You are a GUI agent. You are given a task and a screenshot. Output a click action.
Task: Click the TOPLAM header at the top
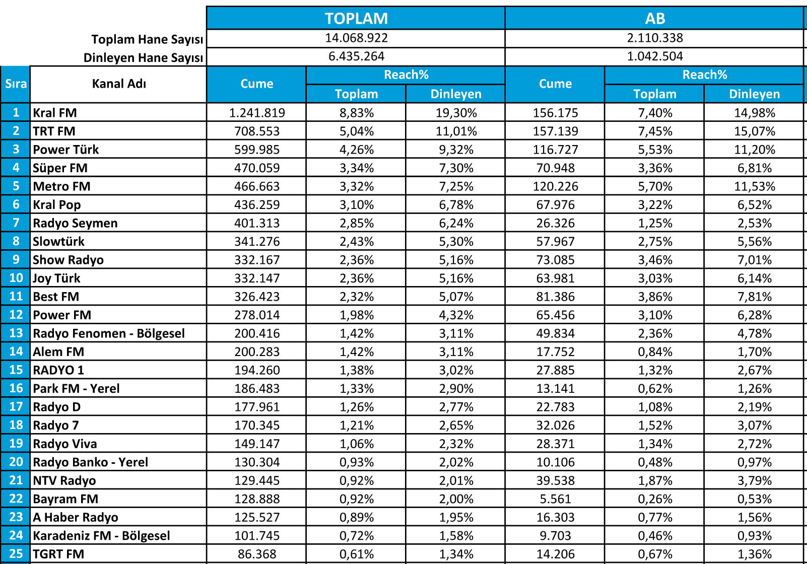pos(356,19)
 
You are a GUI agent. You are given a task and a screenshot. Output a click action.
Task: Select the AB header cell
pos(655,19)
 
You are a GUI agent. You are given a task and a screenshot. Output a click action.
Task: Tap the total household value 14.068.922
pos(356,38)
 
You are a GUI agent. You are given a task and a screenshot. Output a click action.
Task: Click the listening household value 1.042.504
pos(655,56)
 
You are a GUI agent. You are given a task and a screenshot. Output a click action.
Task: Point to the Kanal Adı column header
pos(119,84)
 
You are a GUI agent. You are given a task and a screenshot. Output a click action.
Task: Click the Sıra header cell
pos(16,84)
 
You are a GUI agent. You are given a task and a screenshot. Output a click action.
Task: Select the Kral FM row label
pos(55,113)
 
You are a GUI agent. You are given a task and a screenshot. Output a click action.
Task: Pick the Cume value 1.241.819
pos(257,113)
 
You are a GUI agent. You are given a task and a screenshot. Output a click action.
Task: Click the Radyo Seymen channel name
pos(75,223)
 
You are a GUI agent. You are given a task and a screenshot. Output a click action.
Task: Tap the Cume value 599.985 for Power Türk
pos(257,150)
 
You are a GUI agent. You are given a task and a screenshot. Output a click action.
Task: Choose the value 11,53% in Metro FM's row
pos(754,186)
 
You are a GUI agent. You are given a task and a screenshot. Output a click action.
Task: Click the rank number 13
pos(16,333)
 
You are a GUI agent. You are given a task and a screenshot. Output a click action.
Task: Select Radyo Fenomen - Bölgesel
pos(109,333)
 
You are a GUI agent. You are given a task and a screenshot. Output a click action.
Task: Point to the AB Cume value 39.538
pos(555,480)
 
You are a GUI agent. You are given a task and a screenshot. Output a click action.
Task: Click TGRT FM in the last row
pos(58,554)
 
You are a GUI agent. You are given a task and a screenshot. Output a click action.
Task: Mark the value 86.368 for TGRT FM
pos(257,554)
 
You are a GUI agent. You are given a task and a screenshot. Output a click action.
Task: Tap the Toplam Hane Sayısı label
pos(147,39)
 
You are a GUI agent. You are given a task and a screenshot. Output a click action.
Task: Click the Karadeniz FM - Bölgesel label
pos(101,536)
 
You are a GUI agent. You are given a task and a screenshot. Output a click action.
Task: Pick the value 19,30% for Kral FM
pos(456,113)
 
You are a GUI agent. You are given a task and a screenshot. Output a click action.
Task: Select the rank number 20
pos(16,462)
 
